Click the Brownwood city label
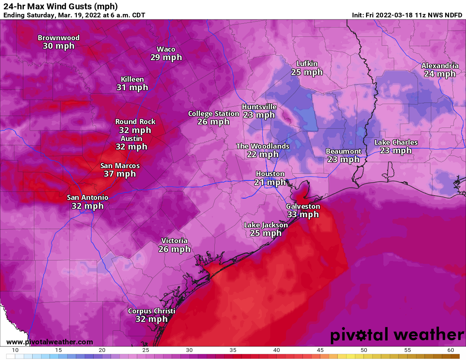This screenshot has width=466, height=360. point(58,38)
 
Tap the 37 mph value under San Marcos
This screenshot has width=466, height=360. point(120,174)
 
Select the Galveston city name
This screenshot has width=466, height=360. point(303,206)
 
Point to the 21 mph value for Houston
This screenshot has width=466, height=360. point(270,182)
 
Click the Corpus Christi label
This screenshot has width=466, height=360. point(151,311)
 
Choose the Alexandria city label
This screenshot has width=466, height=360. point(440,66)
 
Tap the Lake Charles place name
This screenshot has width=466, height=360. point(396,142)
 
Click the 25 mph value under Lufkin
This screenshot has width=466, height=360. point(307,72)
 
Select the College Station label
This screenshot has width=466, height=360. point(214,114)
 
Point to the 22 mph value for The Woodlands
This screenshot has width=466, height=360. point(263,154)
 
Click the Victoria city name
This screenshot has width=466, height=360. point(174,241)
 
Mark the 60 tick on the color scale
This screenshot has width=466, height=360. point(450,350)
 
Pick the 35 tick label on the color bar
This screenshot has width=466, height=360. point(232,350)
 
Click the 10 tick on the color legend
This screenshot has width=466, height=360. point(15,350)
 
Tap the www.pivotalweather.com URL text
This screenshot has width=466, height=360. point(50,342)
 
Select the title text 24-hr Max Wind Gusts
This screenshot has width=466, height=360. point(60,6)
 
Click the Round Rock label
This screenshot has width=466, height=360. point(135,122)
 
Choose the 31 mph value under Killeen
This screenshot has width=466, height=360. point(132,87)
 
